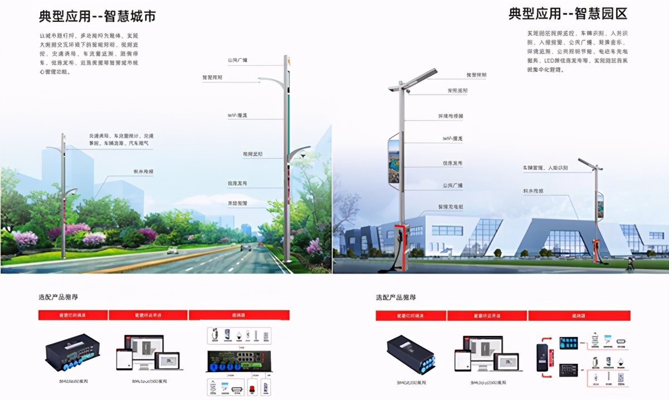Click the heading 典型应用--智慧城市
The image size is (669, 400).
click(x=97, y=16)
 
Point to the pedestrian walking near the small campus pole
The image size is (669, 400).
click(x=630, y=263)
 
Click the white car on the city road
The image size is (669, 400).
click(x=172, y=251)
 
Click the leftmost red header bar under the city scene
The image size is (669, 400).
click(x=72, y=315)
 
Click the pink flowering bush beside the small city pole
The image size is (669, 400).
click(x=78, y=229)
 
